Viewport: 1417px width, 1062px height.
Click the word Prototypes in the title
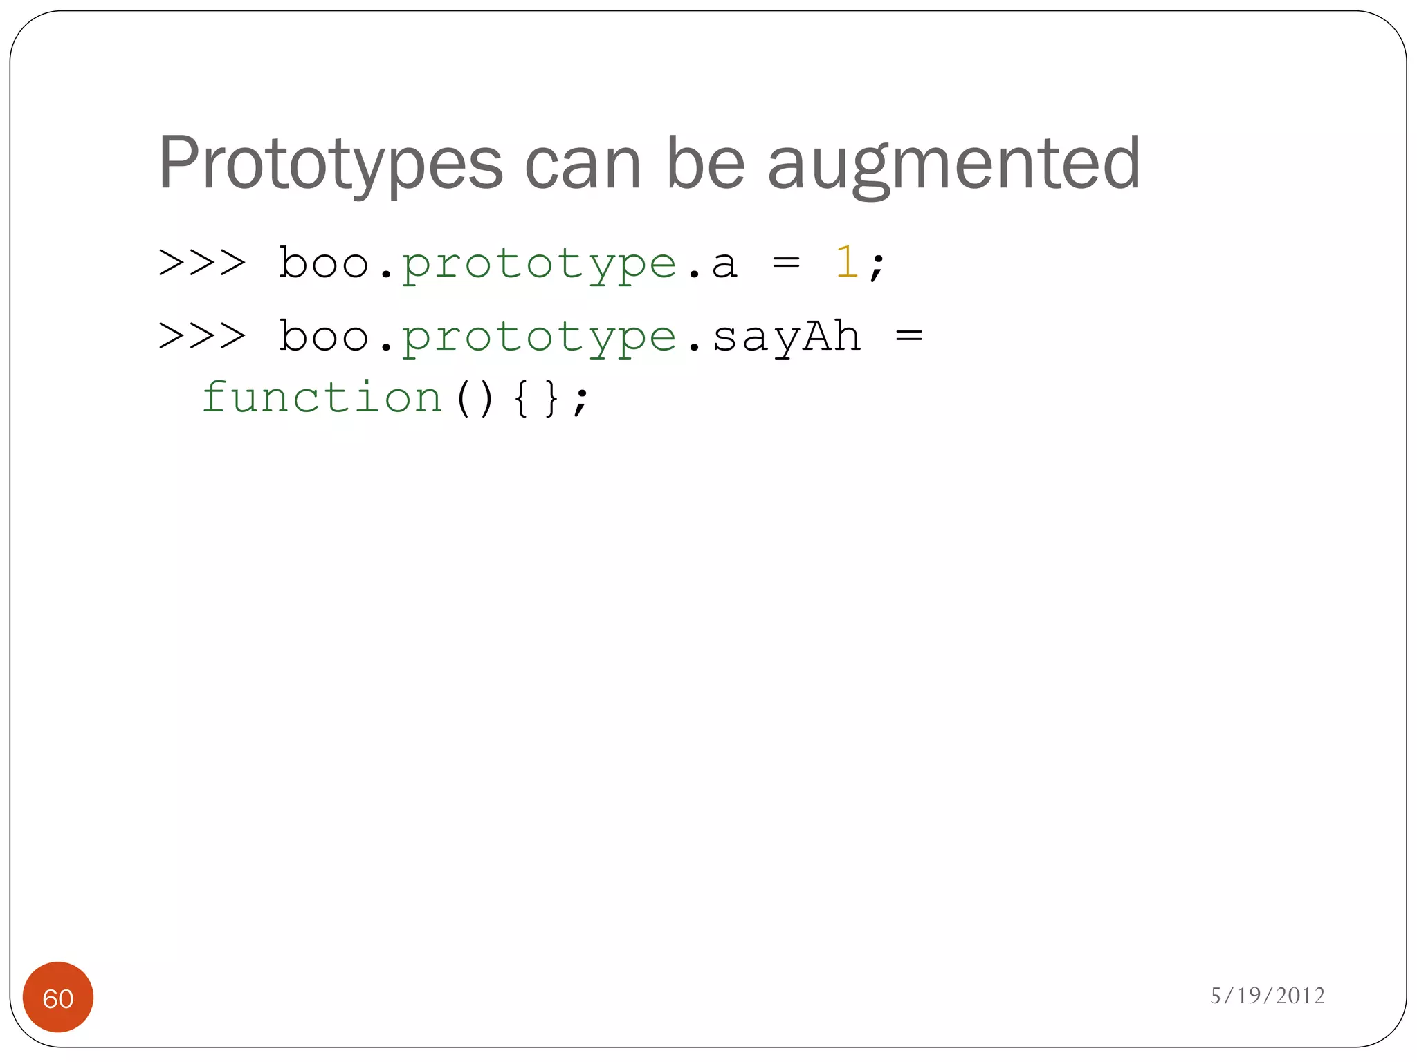(330, 165)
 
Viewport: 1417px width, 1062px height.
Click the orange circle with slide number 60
(58, 998)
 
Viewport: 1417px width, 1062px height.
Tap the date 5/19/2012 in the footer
(1267, 996)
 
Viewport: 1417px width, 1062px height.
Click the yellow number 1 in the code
(846, 263)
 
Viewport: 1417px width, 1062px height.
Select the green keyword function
(322, 398)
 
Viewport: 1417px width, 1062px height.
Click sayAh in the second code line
(786, 337)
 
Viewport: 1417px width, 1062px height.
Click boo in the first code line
(323, 263)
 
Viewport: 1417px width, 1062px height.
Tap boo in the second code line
(323, 337)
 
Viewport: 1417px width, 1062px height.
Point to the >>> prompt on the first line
(202, 263)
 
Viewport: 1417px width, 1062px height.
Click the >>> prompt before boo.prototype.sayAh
(202, 337)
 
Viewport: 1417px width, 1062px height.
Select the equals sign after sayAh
(908, 337)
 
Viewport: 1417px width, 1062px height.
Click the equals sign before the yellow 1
(786, 263)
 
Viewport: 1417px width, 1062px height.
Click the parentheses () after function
(475, 399)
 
